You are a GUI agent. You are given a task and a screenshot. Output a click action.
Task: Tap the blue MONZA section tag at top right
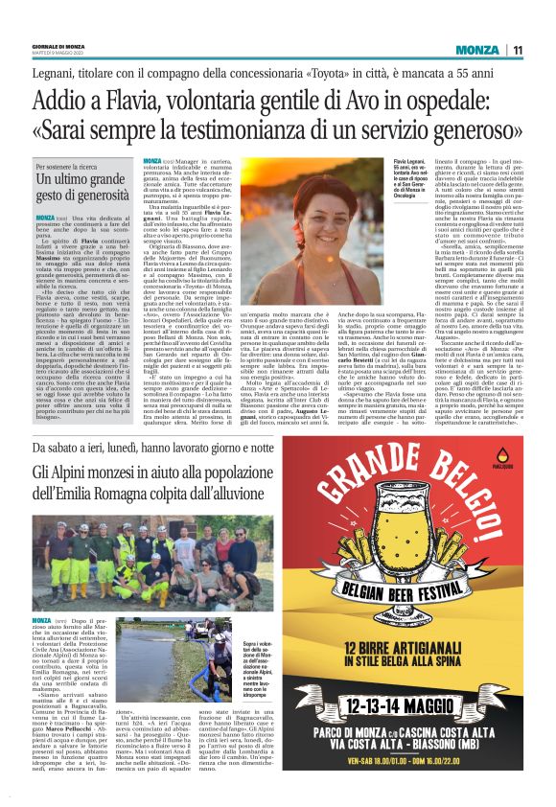coord(476,51)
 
